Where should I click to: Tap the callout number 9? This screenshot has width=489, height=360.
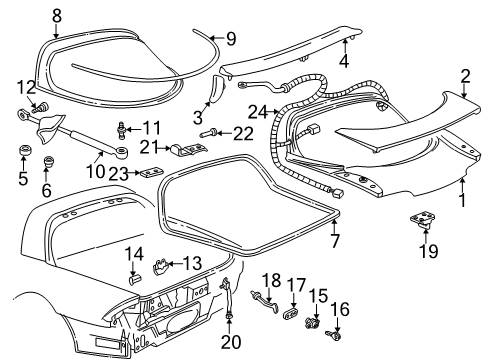(230, 39)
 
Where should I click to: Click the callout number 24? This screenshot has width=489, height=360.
(257, 110)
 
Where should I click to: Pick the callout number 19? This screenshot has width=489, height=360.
(427, 250)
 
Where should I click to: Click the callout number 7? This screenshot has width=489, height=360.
(335, 241)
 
